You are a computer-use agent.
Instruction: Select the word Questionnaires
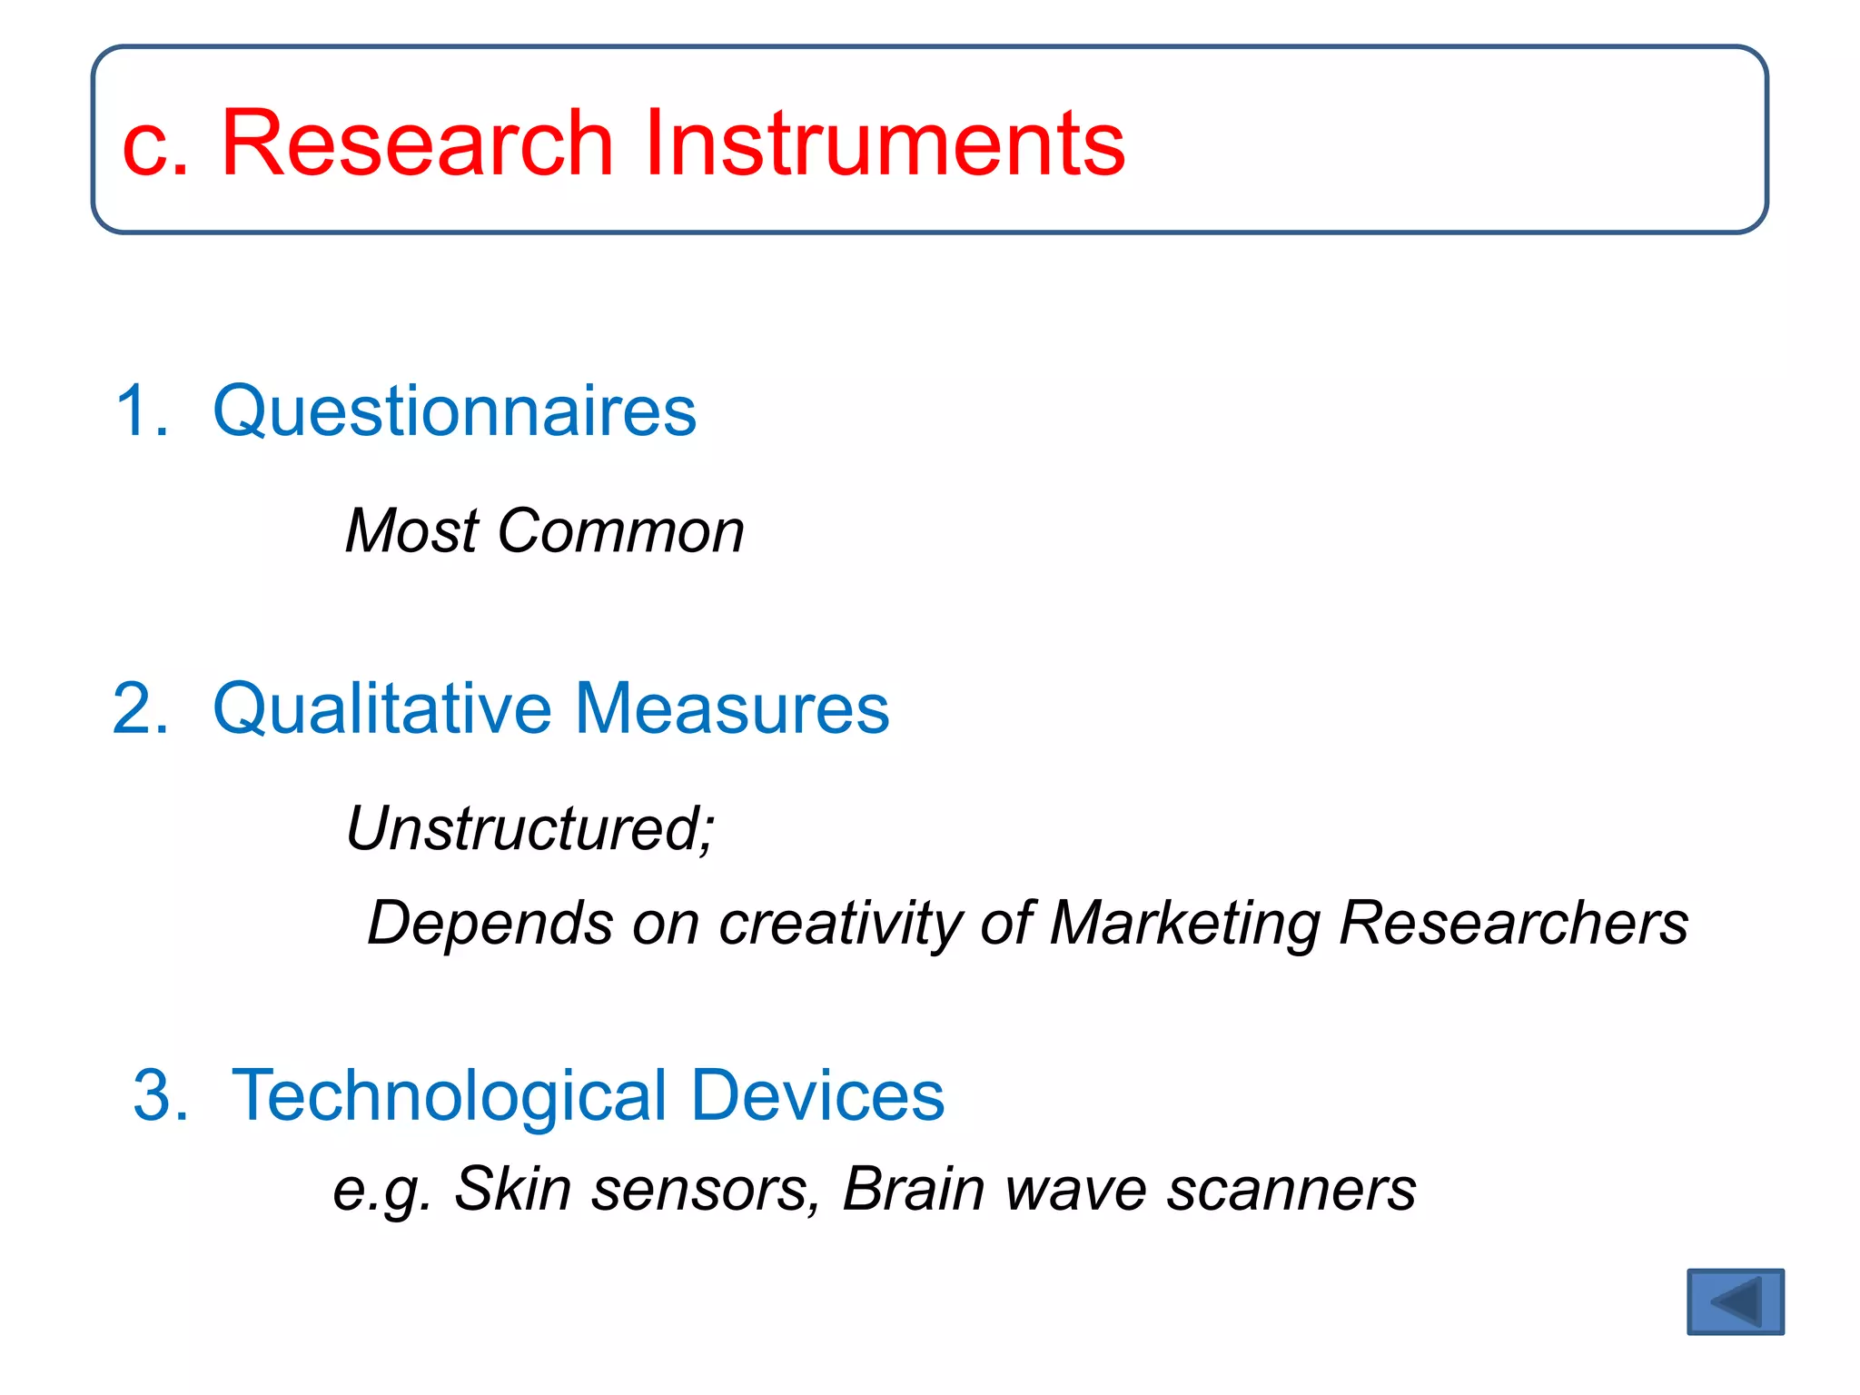[x=454, y=411]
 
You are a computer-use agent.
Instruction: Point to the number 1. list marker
[x=143, y=411]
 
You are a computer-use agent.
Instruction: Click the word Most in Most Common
[x=411, y=530]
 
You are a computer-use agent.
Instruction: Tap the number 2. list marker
[x=142, y=708]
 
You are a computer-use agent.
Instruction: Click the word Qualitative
[x=381, y=708]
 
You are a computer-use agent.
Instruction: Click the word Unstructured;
[x=530, y=829]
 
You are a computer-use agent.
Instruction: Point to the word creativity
[x=839, y=924]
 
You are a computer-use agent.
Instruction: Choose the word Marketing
[x=1184, y=924]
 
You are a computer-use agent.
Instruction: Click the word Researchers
[x=1513, y=924]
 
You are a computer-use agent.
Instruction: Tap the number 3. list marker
[x=162, y=1095]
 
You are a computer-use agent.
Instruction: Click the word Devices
[x=817, y=1095]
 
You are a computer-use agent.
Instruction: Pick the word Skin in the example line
[x=512, y=1188]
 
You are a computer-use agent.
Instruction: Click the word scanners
[x=1291, y=1190]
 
